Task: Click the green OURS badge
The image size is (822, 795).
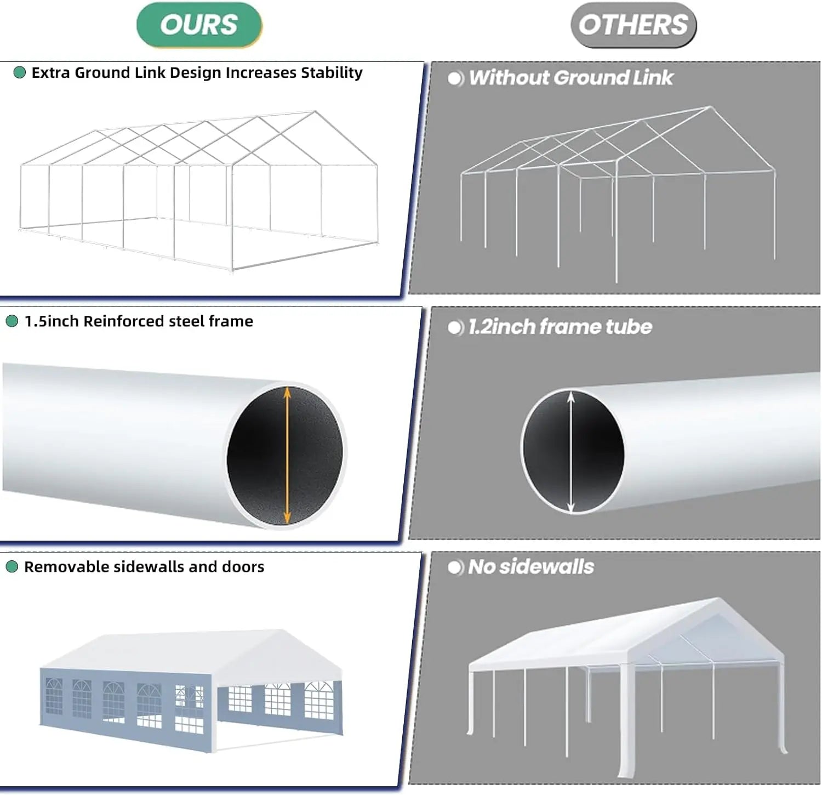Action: click(x=199, y=25)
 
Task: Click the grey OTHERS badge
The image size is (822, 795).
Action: click(x=633, y=25)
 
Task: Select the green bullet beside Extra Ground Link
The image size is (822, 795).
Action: click(x=20, y=72)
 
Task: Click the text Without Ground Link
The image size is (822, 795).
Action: click(x=570, y=78)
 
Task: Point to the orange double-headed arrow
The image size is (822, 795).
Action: click(x=287, y=455)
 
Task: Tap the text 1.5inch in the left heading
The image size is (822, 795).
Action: click(x=52, y=321)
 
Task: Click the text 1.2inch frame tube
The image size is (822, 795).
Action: click(x=560, y=327)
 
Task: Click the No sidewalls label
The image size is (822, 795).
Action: click(x=530, y=567)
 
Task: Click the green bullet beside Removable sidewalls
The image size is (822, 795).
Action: click(x=12, y=567)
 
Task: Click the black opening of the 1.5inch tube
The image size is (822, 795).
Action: click(x=258, y=455)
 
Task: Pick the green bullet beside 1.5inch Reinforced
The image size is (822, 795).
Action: click(x=12, y=321)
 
